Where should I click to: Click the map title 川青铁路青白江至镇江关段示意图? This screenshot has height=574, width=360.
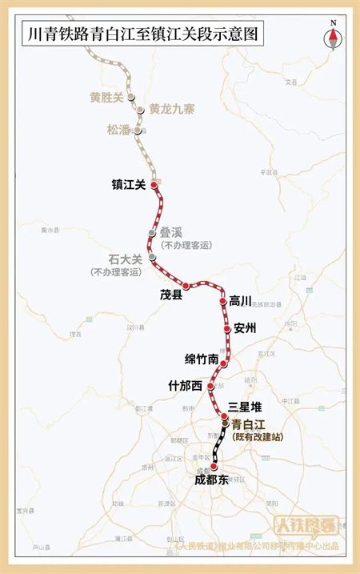144,35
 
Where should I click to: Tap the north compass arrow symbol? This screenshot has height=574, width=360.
333,38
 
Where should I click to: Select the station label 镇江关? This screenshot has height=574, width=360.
128,184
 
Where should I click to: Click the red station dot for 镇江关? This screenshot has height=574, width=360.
154,183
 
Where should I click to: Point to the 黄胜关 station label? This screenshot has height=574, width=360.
107,98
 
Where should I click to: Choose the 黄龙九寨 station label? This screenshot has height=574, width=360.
172,110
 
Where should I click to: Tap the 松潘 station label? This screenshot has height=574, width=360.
118,129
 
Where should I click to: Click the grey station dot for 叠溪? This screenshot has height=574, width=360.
151,232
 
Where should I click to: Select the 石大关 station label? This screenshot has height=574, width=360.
125,259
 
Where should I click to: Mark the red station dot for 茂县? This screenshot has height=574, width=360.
186,286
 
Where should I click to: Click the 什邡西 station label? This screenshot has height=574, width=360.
186,386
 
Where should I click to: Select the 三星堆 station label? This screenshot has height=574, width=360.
246,407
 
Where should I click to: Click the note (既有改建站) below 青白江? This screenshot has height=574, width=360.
257,437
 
